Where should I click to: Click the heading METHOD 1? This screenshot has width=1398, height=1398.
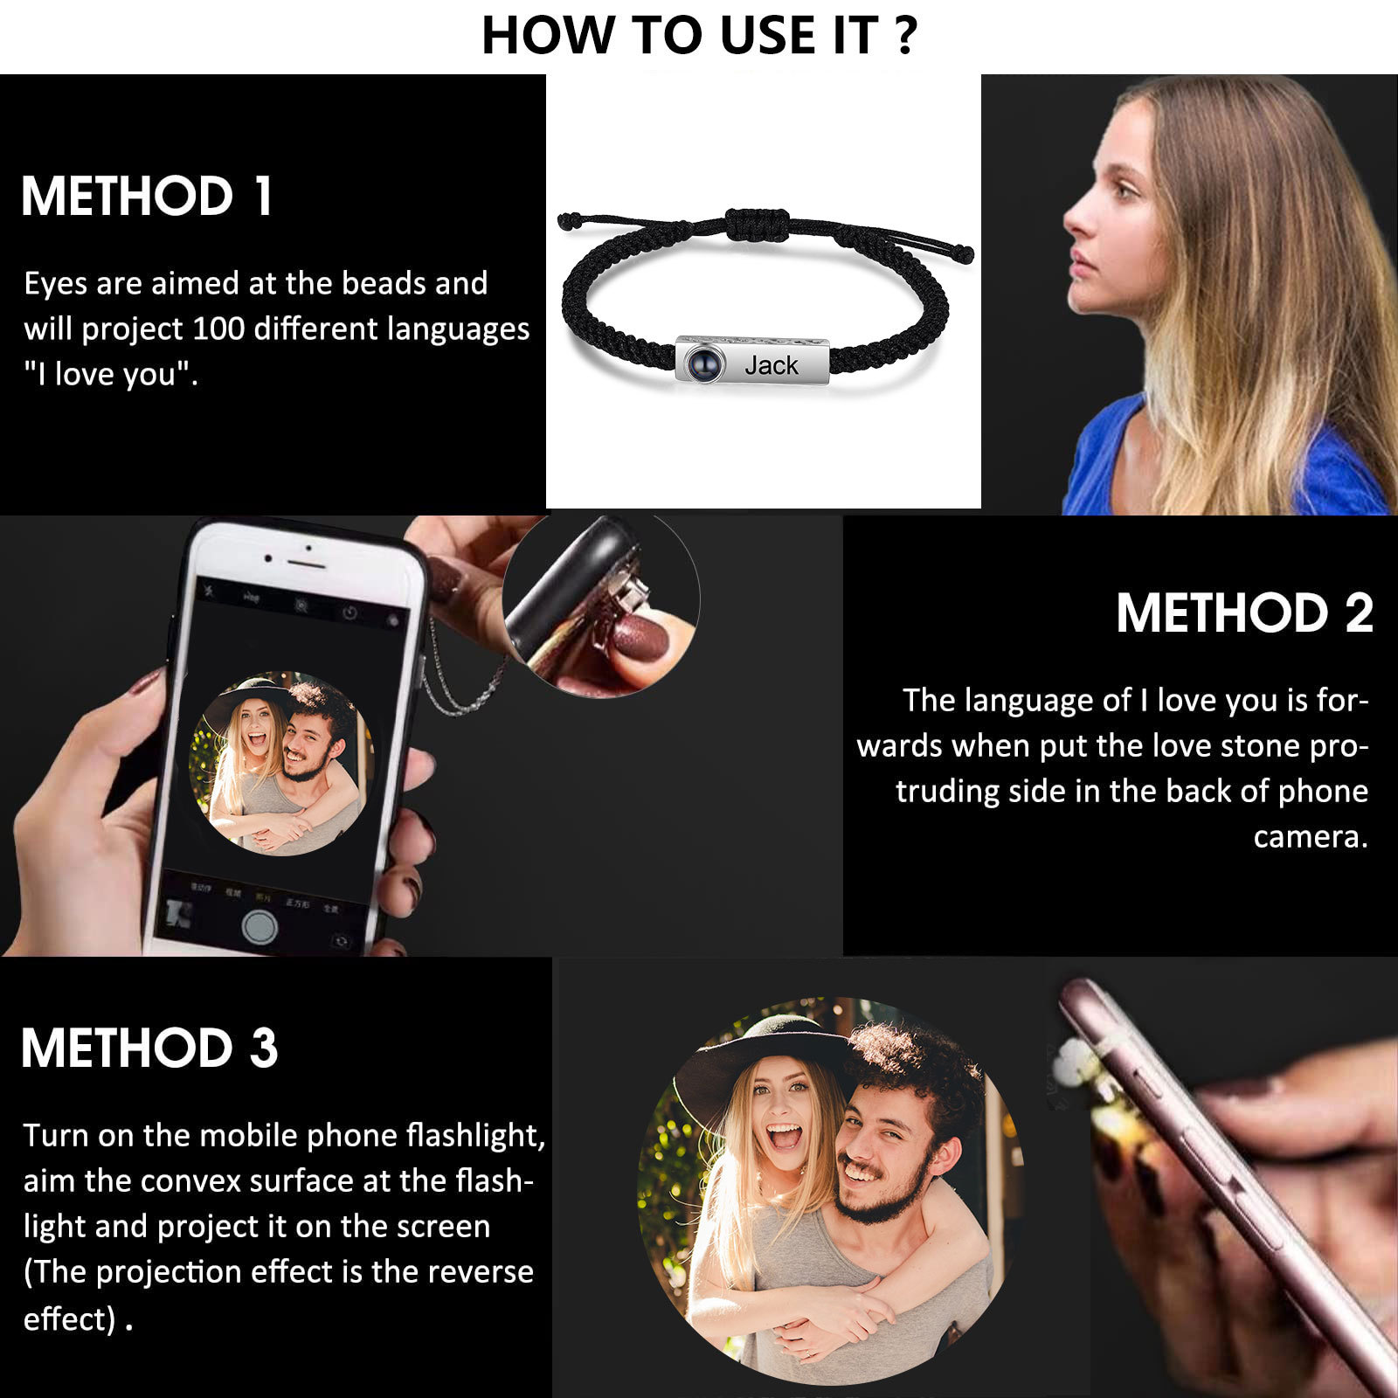click(147, 196)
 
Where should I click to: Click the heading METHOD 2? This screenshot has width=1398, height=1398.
click(1244, 612)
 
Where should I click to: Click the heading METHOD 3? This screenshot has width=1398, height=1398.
click(149, 1048)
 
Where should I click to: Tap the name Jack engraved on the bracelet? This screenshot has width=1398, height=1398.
click(772, 365)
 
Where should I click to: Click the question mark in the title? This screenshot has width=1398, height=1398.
click(906, 37)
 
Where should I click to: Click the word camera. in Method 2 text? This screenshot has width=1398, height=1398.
click(1310, 837)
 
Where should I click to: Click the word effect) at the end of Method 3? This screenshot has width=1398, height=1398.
click(69, 1318)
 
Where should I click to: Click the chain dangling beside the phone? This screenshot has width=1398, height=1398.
click(463, 690)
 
